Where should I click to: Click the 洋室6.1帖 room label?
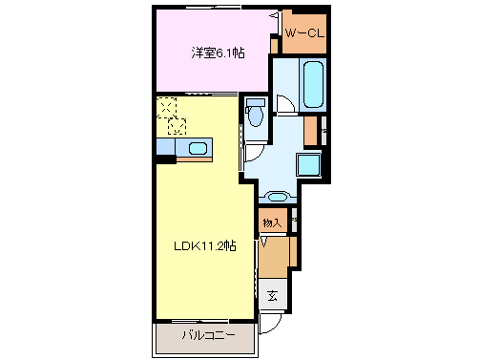pos(218,53)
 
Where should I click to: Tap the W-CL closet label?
pos(303,35)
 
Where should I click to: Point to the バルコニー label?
pos(203,335)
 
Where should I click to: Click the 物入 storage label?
pos(272,222)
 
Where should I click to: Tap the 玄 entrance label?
pos(272,295)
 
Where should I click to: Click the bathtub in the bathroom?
pos(313,85)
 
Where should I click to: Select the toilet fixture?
pos(257,116)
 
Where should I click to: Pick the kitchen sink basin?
pos(198,147)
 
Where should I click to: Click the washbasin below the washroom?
pos(275,198)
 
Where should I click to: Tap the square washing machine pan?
pos(310,164)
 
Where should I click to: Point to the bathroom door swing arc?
pos(284,104)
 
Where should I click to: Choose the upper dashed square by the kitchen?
pos(166,106)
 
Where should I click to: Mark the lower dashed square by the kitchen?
pos(177,124)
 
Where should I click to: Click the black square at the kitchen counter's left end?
pos(161,159)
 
